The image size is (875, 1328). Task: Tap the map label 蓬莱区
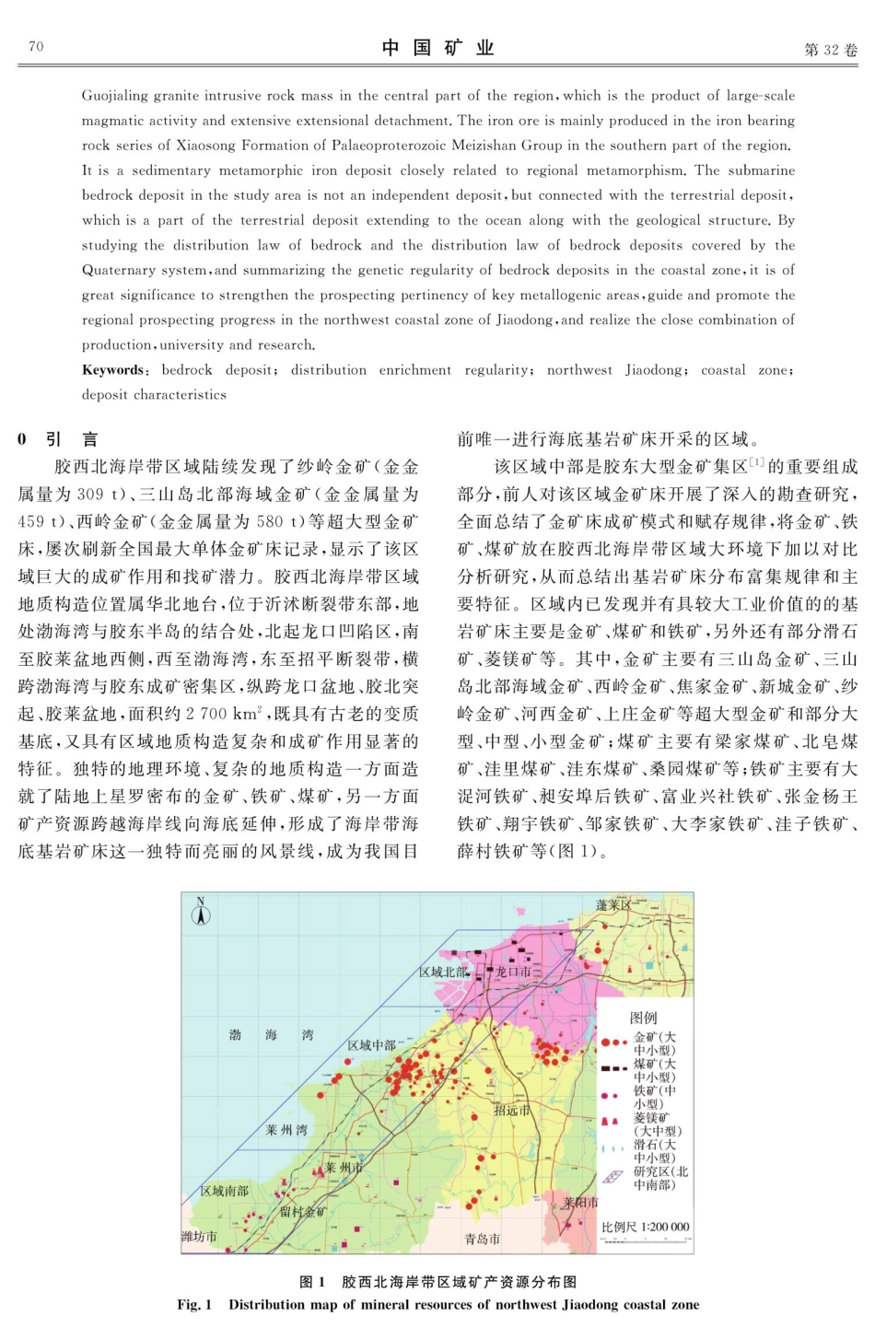pyautogui.click(x=614, y=904)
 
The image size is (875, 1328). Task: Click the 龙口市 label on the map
pyautogui.click(x=513, y=972)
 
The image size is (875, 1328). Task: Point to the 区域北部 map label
pyautogui.click(x=444, y=972)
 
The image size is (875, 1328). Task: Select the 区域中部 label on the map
pyautogui.click(x=372, y=1045)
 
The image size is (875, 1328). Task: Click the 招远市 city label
pyautogui.click(x=512, y=1111)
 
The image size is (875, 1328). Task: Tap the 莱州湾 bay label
pyautogui.click(x=286, y=1130)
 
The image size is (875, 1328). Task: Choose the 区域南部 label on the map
pyautogui.click(x=225, y=1191)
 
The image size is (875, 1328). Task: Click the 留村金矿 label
pyautogui.click(x=303, y=1212)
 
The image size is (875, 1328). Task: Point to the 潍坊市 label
pyautogui.click(x=199, y=1237)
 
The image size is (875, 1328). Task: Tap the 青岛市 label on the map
pyautogui.click(x=483, y=1240)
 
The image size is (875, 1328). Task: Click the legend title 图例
pyautogui.click(x=643, y=1018)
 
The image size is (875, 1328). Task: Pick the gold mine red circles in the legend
pyautogui.click(x=614, y=1043)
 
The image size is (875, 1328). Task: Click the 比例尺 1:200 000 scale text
pyautogui.click(x=645, y=1227)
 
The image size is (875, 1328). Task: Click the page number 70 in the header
pyautogui.click(x=36, y=47)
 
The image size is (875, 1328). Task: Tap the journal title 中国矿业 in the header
pyautogui.click(x=438, y=48)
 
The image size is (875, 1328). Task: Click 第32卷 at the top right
pyautogui.click(x=830, y=50)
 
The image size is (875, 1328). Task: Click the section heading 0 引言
pyautogui.click(x=58, y=439)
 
